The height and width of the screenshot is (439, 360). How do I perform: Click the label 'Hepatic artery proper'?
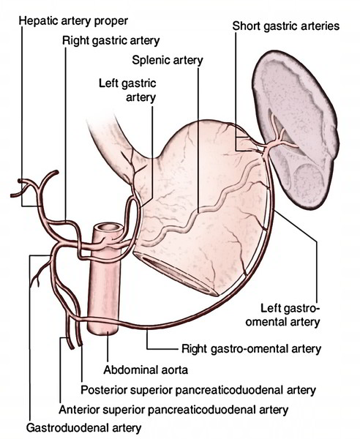coord(73,21)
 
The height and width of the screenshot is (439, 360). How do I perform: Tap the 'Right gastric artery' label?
coord(111,41)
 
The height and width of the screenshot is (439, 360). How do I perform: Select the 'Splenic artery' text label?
coord(168,60)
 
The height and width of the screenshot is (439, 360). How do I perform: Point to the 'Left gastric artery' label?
coord(127,91)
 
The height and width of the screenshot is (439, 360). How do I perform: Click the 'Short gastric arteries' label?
coord(286,26)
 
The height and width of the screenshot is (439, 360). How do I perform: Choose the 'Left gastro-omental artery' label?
coord(282,315)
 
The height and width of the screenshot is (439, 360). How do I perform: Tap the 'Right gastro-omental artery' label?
coord(252,349)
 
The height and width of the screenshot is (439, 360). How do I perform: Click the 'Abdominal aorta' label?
coord(146,370)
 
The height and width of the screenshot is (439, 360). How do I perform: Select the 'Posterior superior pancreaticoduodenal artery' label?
coord(198,390)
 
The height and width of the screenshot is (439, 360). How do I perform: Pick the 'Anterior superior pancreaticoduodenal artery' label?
coord(173,410)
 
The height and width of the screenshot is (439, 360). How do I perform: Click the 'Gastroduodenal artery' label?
coord(83,428)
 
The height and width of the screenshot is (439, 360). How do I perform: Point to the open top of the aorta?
coord(108,228)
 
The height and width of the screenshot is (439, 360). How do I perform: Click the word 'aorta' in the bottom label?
coord(173,371)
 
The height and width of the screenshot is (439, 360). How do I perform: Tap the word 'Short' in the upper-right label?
coord(247,26)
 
